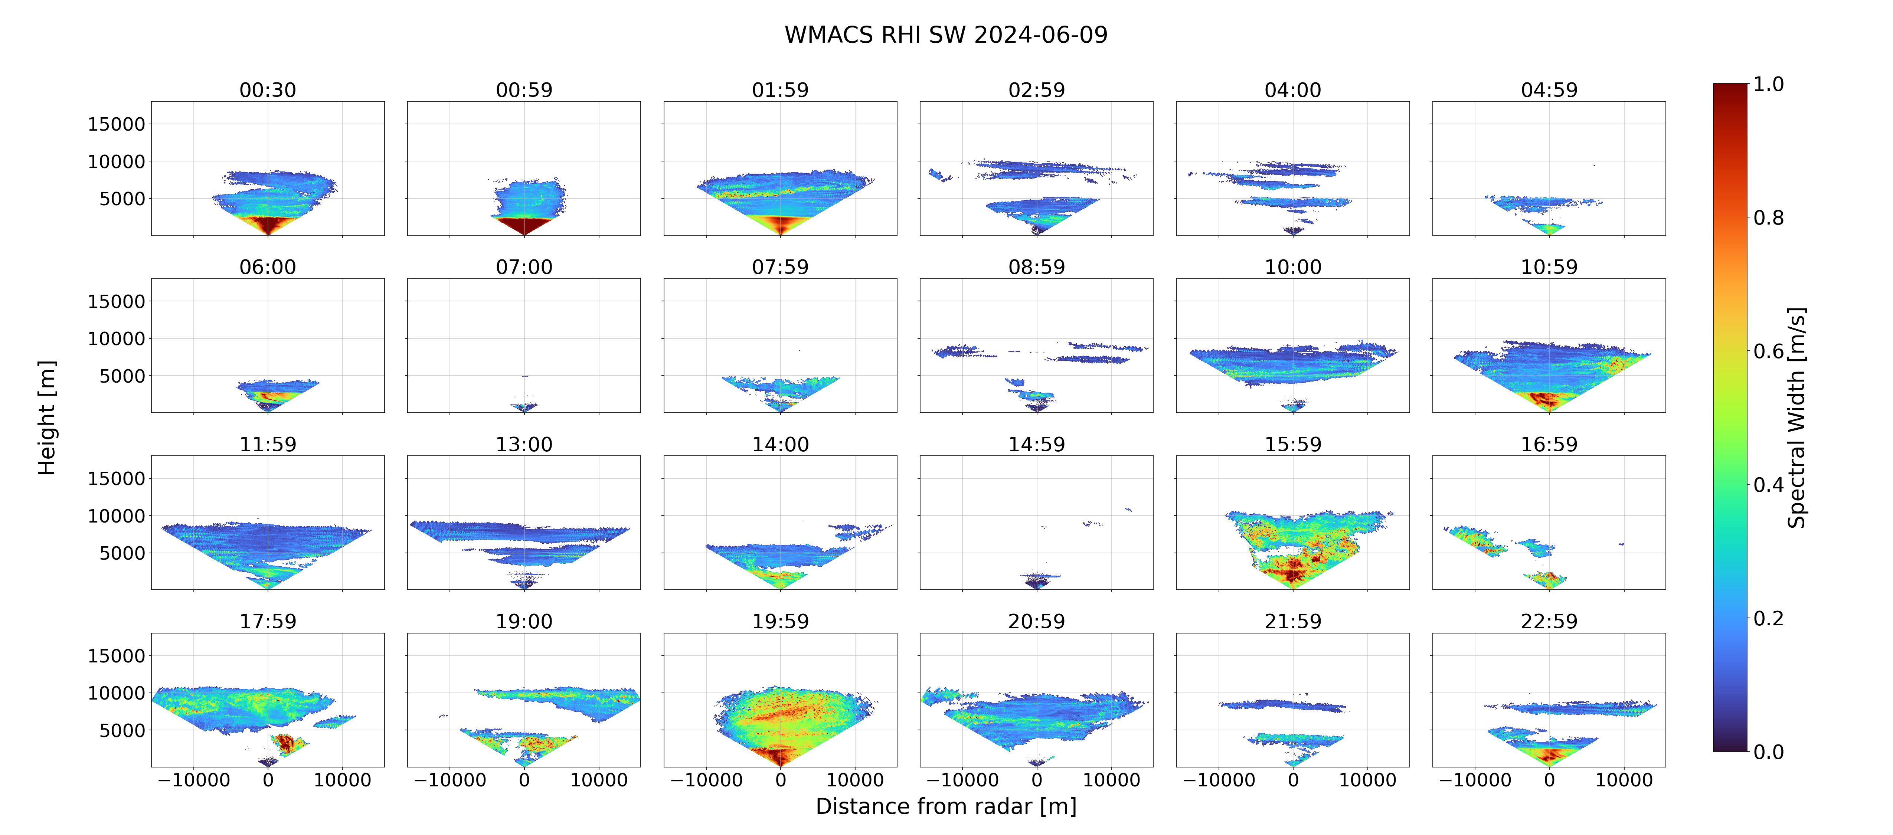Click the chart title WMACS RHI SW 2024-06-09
pos(946,35)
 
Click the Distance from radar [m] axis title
pos(946,806)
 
